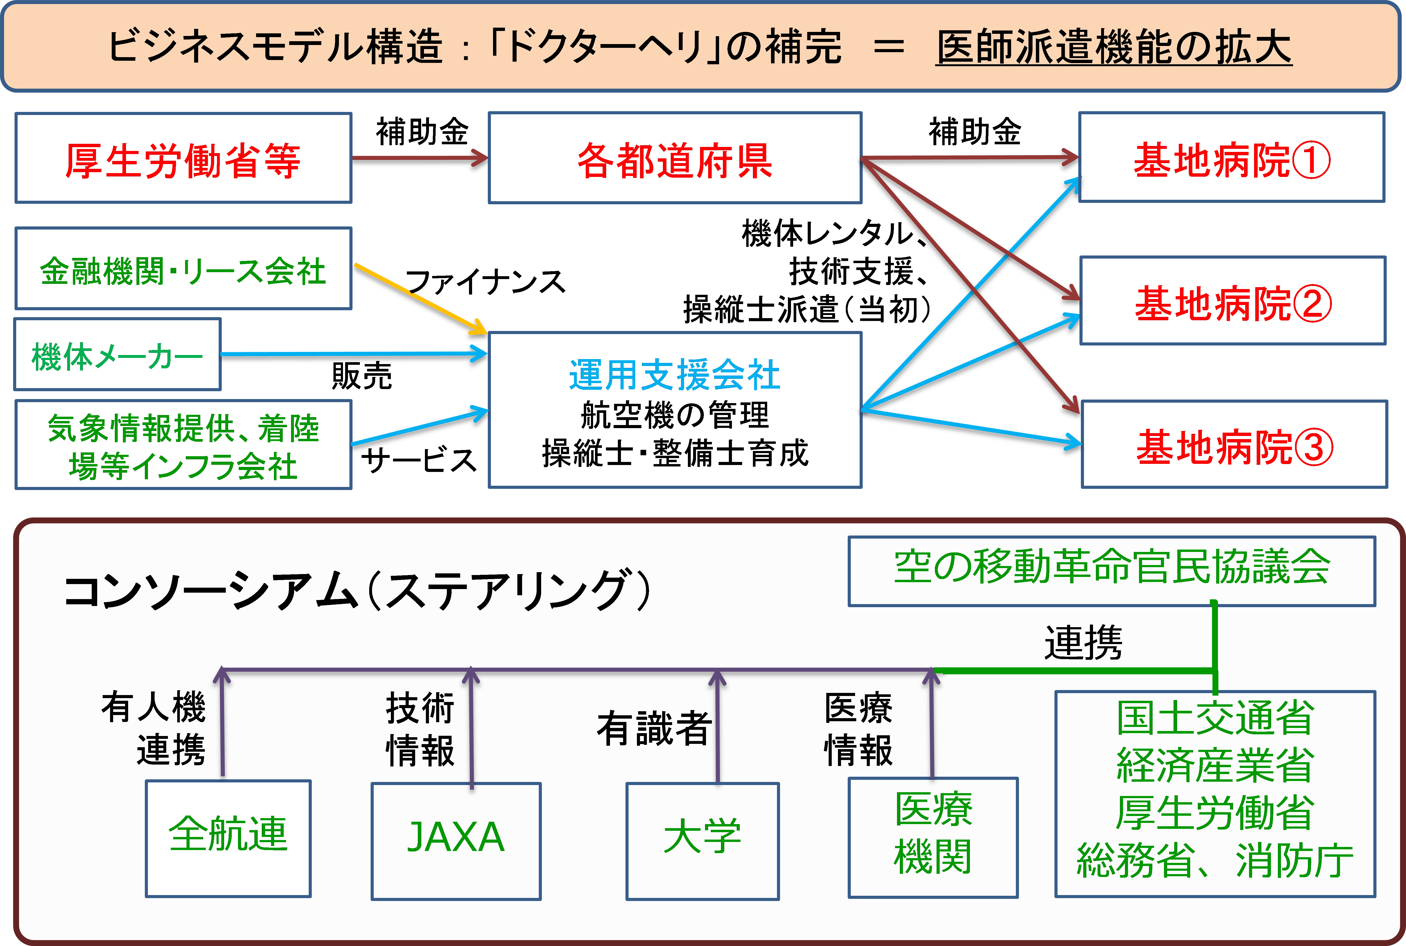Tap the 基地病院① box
pyautogui.click(x=1231, y=158)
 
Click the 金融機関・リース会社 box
pyautogui.click(x=183, y=269)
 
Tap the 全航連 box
pyautogui.click(x=228, y=839)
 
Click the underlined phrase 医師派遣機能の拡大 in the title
pyautogui.click(x=1114, y=47)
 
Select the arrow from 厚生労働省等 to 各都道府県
pyautogui.click(x=419, y=158)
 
